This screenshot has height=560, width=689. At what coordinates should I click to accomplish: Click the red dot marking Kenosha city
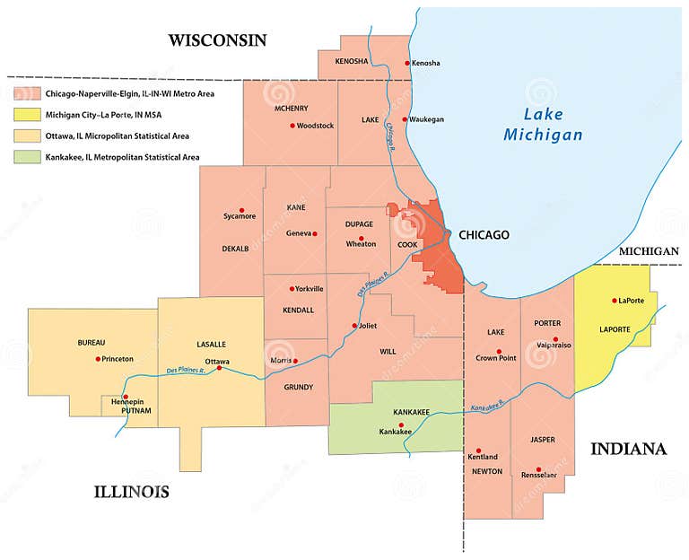pos(406,63)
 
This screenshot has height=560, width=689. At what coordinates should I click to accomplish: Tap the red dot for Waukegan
pos(405,119)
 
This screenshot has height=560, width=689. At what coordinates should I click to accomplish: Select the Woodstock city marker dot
pos(292,126)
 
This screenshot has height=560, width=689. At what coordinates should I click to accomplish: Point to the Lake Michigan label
pos(542,124)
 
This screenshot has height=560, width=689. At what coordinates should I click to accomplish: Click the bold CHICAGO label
pos(484,235)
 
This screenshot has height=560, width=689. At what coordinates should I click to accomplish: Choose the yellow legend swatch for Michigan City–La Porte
pos(25,115)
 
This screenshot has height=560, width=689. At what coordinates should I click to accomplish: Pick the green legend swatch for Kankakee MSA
pos(25,157)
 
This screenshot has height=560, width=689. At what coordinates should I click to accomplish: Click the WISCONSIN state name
pos(218,39)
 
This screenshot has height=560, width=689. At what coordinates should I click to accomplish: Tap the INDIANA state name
pos(628,449)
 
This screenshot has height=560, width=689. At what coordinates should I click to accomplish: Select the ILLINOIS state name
pos(132,492)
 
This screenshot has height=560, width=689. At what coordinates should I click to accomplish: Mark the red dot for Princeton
pos(98,359)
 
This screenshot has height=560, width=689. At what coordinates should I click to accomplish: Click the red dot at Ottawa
pos(219,368)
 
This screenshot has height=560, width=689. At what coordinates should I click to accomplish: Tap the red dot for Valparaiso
pos(556,341)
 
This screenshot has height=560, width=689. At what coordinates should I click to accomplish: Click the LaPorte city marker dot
pos(615,301)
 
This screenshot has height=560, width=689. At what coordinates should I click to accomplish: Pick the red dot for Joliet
pos(355,326)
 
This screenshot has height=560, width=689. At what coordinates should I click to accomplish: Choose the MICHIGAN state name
pos(649,251)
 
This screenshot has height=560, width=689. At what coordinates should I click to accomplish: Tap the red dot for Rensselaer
pos(538,469)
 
